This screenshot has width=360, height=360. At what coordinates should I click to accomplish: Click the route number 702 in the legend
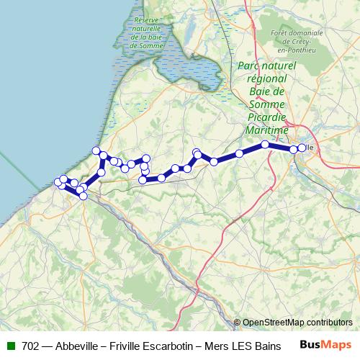tap(30, 346)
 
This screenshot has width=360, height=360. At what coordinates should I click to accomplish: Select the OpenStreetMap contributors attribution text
tap(297, 323)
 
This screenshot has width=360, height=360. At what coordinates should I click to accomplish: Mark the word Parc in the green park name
tap(247, 66)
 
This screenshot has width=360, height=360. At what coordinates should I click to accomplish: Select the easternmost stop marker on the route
tap(302, 148)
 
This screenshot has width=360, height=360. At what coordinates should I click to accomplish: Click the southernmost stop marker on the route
tap(83, 196)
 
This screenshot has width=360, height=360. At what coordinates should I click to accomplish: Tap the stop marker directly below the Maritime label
tap(265, 145)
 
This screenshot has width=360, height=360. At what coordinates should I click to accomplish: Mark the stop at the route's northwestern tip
tap(96, 150)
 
